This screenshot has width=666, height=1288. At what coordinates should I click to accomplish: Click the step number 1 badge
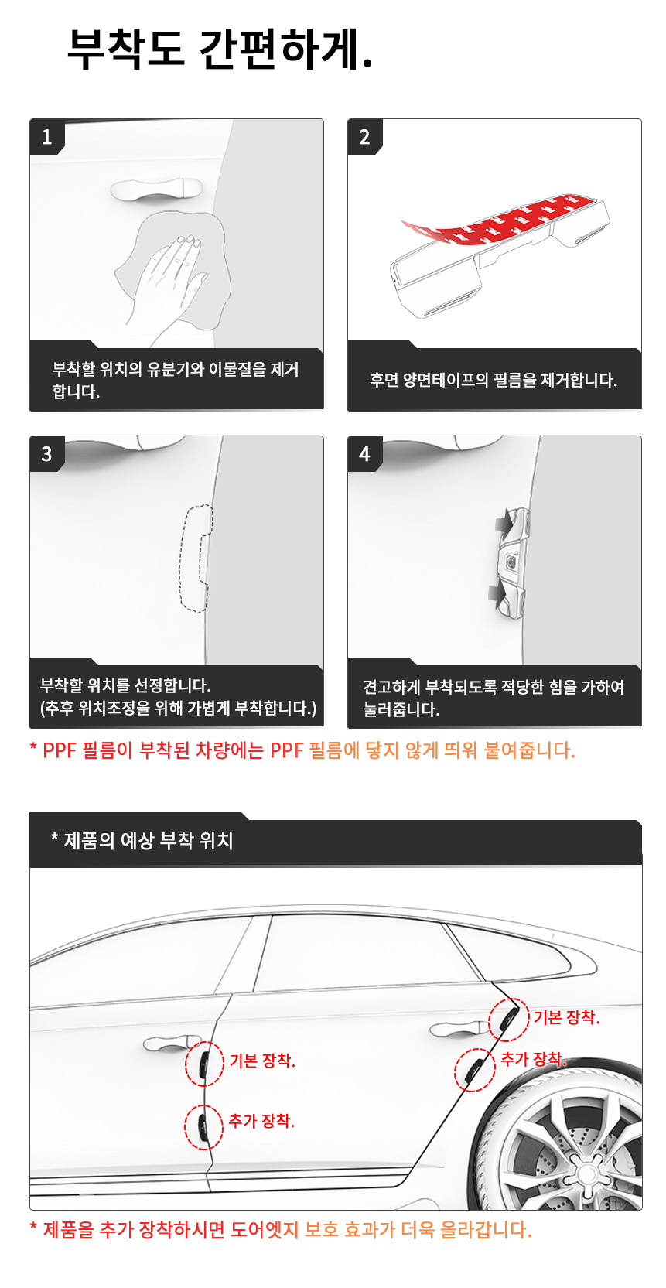[46, 137]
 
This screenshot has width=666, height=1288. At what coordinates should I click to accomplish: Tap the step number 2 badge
[364, 137]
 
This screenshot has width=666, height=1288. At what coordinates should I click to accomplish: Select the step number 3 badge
[46, 453]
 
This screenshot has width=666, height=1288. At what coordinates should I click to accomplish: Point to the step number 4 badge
[364, 453]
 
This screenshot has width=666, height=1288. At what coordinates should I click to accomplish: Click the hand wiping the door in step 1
[168, 281]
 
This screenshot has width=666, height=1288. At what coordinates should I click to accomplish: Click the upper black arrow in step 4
[504, 523]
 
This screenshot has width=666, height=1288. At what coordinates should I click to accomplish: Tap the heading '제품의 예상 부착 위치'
[142, 841]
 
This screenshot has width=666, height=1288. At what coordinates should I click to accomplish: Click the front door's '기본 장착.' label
[262, 1061]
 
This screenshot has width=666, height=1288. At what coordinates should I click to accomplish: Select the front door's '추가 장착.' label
[261, 1120]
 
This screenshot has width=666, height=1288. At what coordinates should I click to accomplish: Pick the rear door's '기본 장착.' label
[566, 1017]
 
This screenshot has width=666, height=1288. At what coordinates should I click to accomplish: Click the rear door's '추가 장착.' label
[534, 1058]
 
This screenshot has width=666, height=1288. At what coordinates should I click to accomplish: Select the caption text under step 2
[494, 380]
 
